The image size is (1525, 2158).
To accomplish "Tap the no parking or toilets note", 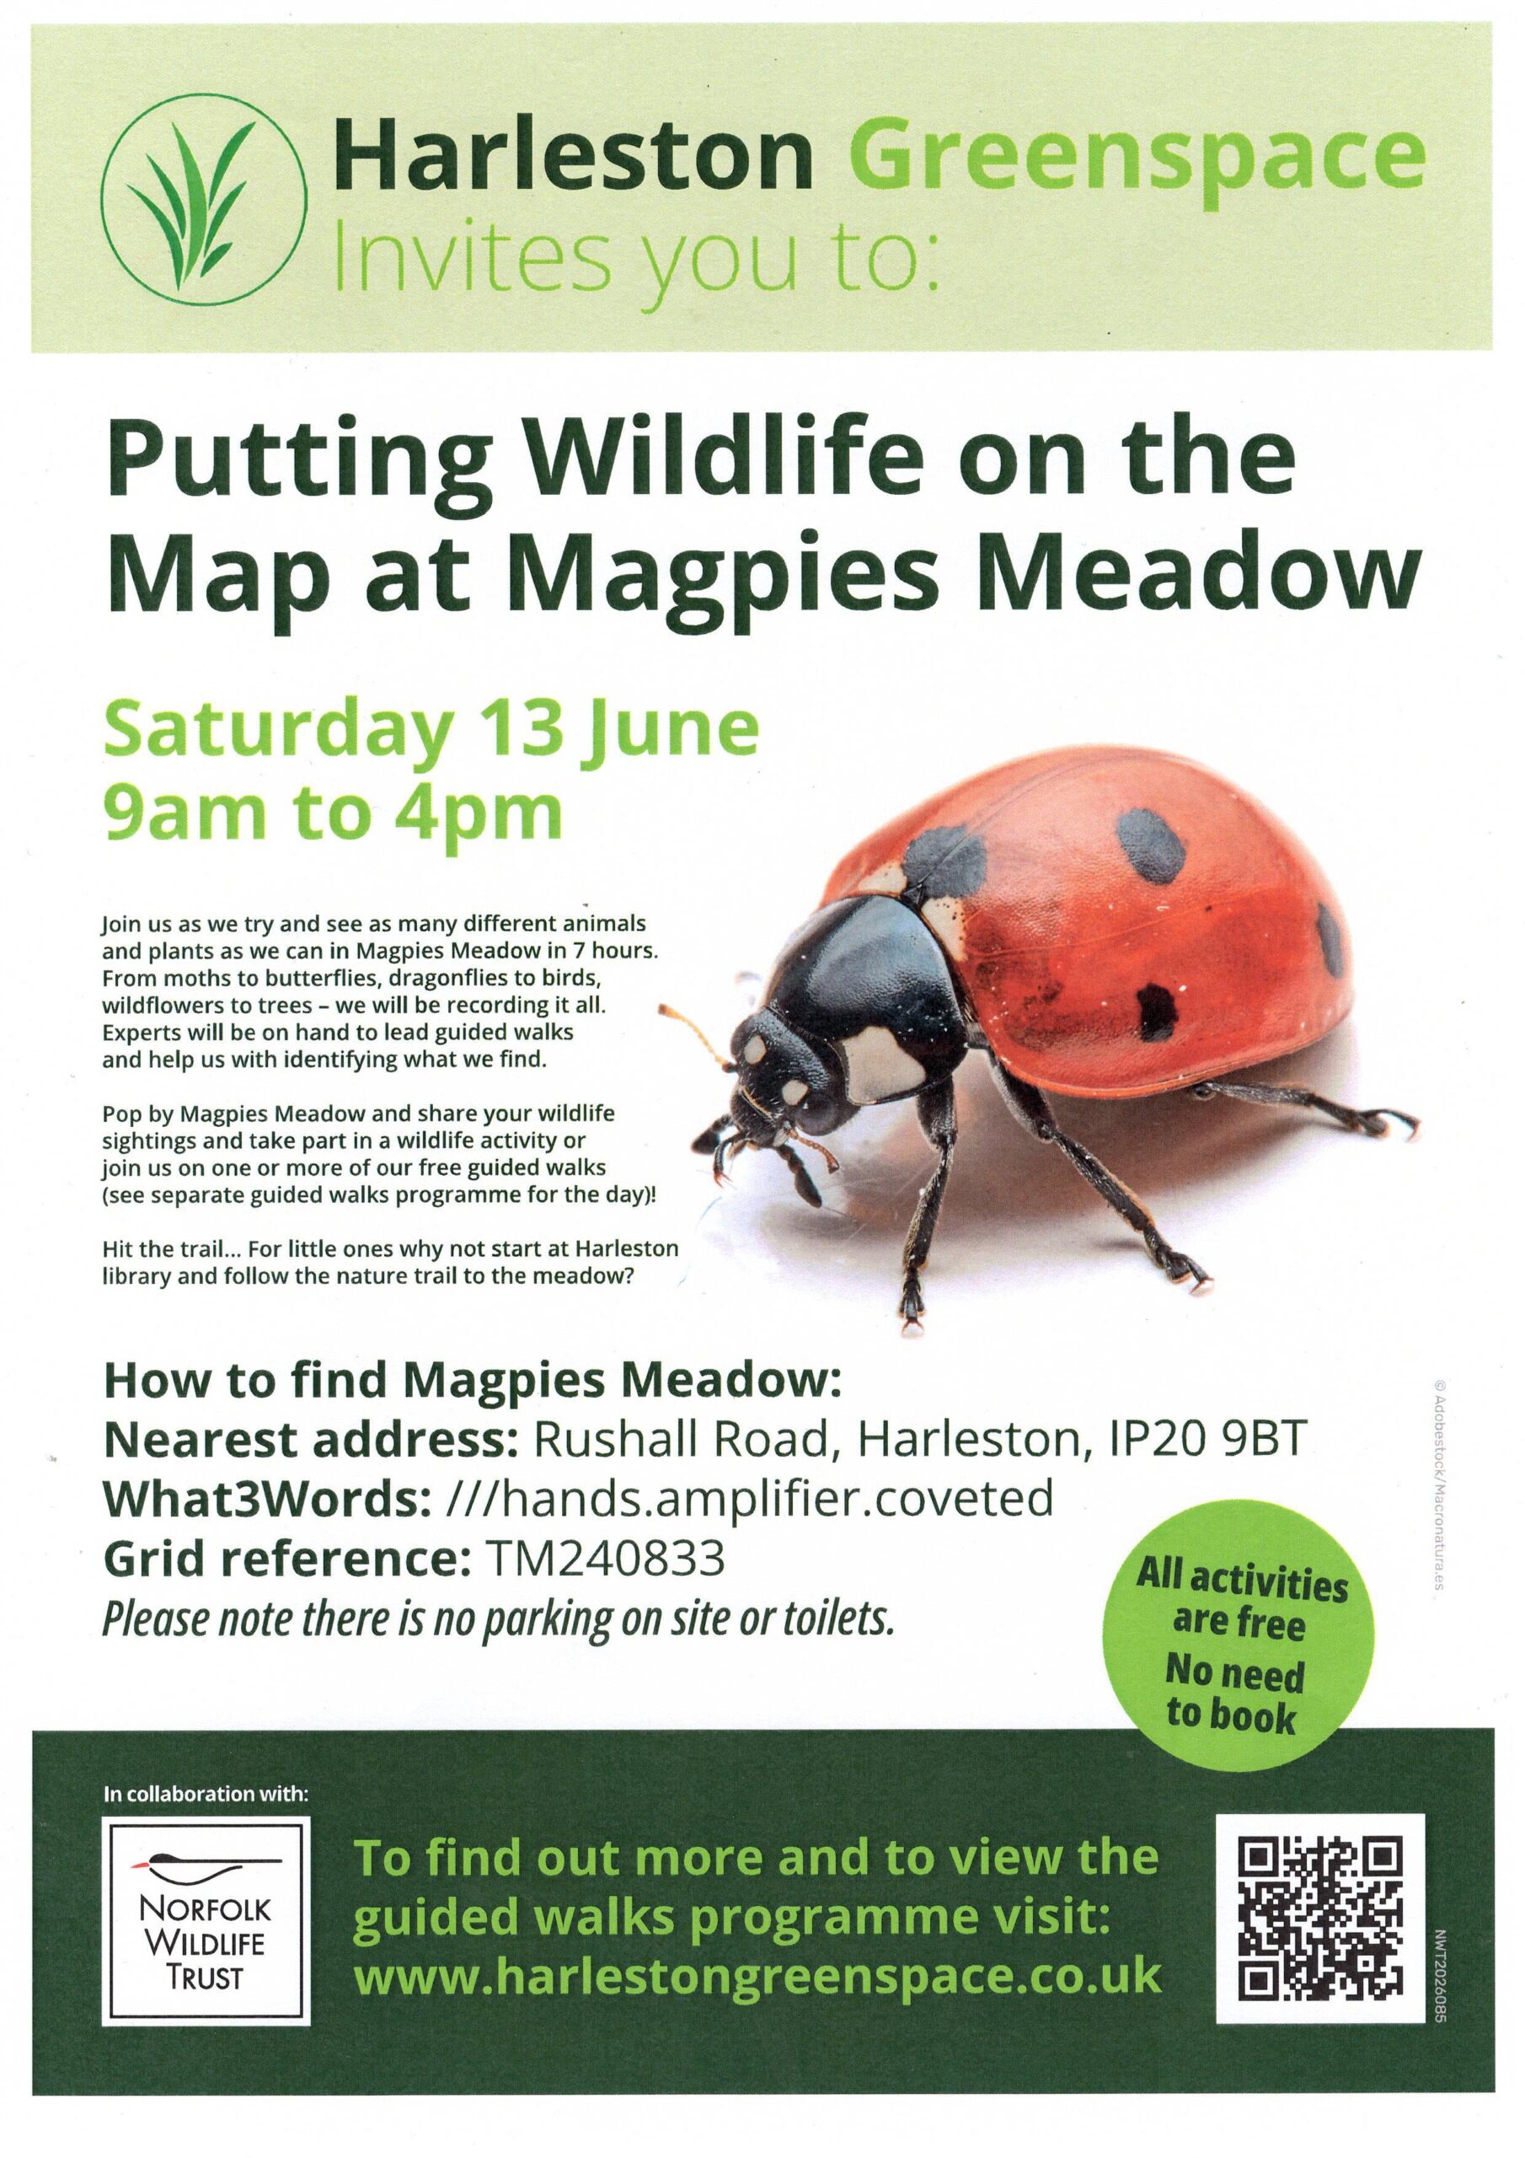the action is point(498,1619).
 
